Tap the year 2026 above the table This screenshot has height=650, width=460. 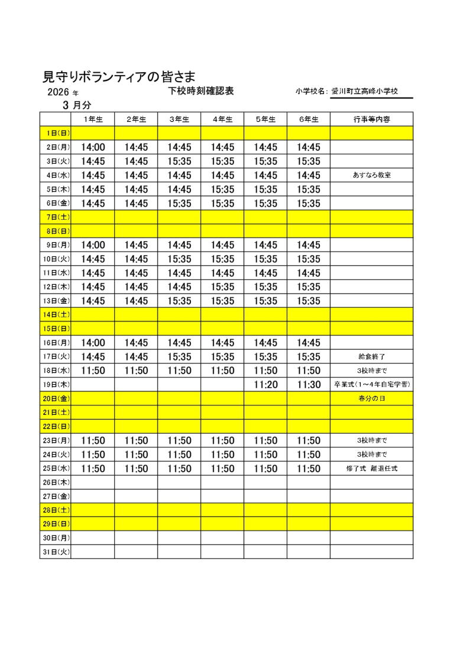[59, 92]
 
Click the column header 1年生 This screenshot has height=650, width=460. [93, 119]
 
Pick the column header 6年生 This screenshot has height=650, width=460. [309, 119]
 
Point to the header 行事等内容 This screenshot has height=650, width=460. [371, 119]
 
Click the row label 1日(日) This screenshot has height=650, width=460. [56, 134]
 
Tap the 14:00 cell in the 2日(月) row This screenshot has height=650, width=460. [93, 147]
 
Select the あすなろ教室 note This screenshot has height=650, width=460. [371, 175]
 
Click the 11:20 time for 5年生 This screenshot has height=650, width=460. [265, 385]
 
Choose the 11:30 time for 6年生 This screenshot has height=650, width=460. [309, 385]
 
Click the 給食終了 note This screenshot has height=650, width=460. [371, 357]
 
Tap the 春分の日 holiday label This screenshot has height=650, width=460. [371, 399]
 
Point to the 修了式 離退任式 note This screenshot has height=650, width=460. [371, 469]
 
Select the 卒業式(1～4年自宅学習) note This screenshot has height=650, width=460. [371, 385]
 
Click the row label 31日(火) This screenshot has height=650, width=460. [56, 552]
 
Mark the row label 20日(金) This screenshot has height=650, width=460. [56, 399]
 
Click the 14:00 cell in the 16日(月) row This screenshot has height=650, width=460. [93, 343]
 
